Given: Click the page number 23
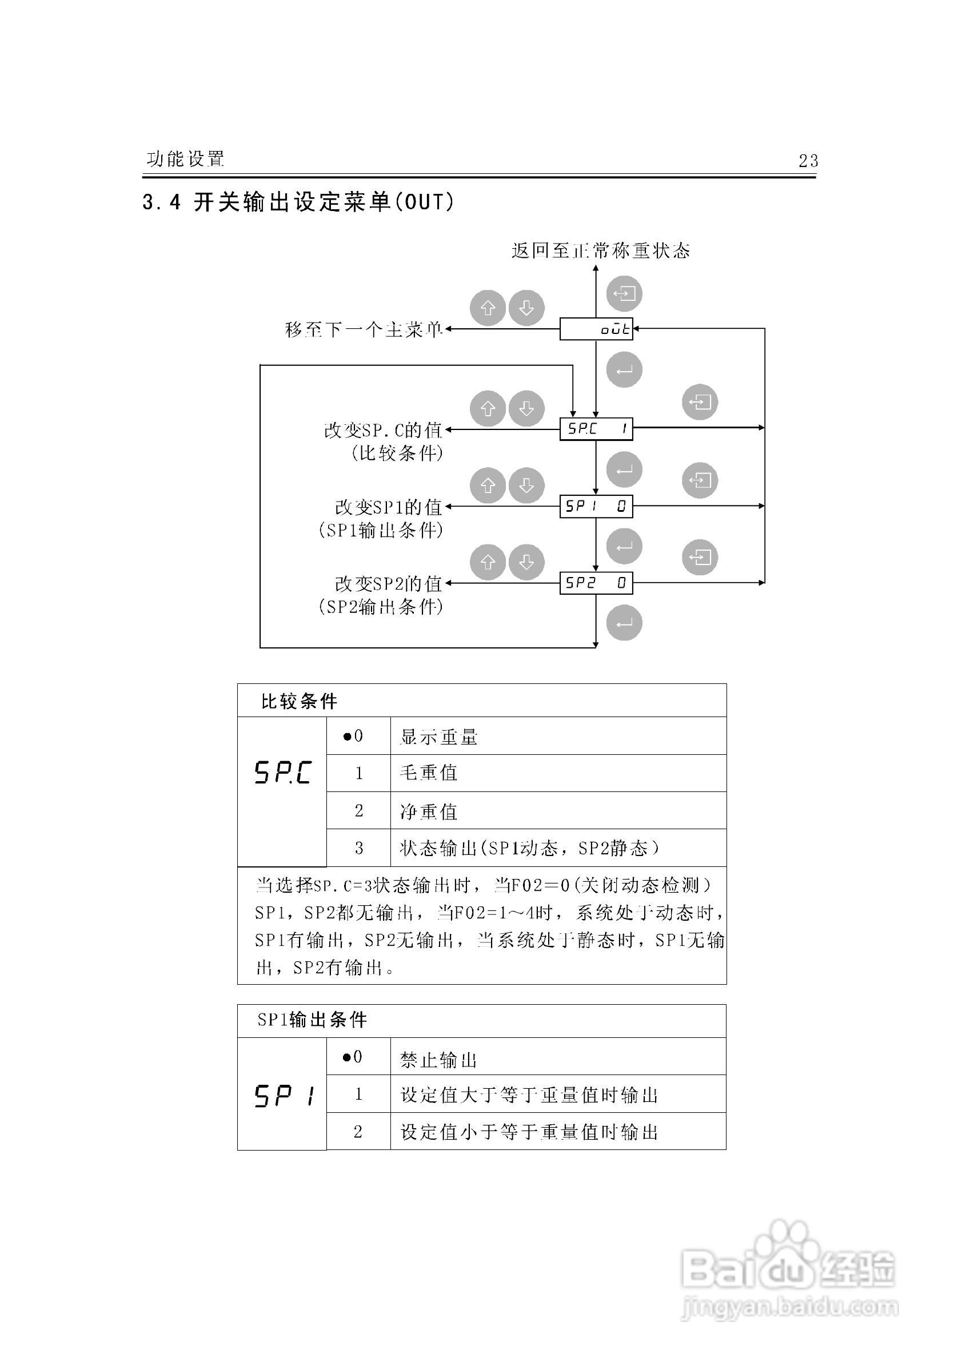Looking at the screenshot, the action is click(808, 161).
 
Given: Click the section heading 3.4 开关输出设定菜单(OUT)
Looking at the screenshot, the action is click(298, 203).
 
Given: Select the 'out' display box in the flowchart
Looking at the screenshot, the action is click(596, 329).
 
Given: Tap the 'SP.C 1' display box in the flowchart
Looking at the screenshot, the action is click(596, 428).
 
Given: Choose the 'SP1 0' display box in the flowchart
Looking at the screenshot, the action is click(596, 506).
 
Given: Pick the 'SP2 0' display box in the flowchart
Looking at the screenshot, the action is click(596, 583).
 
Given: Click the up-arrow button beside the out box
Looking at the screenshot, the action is click(488, 308).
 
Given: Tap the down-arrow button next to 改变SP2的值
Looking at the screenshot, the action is click(526, 562).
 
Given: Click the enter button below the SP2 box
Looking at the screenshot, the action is click(624, 623).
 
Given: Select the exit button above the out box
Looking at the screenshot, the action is click(624, 293).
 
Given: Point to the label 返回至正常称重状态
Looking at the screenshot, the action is click(601, 250).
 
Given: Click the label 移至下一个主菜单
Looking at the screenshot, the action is click(364, 329).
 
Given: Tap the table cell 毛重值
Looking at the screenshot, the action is click(429, 773).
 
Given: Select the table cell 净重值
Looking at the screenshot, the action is click(429, 811).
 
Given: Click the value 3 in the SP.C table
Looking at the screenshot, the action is click(358, 848).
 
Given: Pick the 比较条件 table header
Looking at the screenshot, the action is click(299, 701).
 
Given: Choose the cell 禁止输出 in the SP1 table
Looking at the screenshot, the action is click(438, 1060).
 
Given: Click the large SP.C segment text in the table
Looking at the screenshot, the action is click(282, 773).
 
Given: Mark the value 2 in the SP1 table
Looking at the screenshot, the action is click(358, 1132).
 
